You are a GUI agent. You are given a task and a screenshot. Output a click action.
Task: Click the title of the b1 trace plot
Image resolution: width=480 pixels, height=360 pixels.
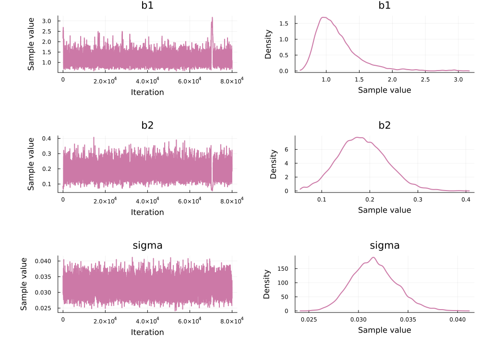pyautogui.click(x=147, y=6)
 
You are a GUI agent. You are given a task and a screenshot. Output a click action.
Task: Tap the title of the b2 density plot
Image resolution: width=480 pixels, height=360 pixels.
pyautogui.click(x=384, y=126)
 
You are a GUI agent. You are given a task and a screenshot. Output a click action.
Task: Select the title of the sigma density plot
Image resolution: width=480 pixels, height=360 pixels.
pyautogui.click(x=384, y=246)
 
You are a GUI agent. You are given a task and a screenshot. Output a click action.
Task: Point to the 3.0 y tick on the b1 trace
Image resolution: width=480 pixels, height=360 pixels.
pyautogui.click(x=47, y=21)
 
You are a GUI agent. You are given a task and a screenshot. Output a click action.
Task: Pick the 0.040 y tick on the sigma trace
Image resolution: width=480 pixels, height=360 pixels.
pyautogui.click(x=45, y=261)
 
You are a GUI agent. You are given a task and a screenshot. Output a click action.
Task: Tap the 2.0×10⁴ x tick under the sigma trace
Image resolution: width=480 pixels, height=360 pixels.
pyautogui.click(x=105, y=320)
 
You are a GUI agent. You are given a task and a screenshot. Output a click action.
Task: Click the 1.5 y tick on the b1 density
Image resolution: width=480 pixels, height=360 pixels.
pyautogui.click(x=284, y=24)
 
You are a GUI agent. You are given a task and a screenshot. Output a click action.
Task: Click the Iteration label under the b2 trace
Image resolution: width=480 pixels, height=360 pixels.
pyautogui.click(x=147, y=212)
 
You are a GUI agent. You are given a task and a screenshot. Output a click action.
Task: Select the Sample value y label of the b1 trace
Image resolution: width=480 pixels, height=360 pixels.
pyautogui.click(x=31, y=44)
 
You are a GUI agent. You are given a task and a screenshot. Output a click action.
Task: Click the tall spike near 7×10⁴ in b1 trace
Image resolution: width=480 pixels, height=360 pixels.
pyautogui.click(x=212, y=18)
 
